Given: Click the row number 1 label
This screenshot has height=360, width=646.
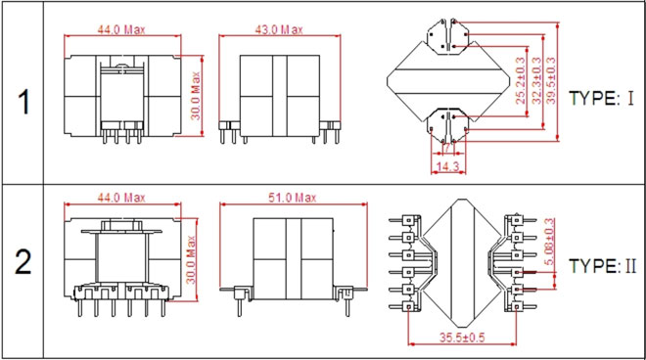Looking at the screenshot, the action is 23,102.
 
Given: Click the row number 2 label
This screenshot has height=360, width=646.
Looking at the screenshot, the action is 23,262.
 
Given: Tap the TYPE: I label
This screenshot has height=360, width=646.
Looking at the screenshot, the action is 601,98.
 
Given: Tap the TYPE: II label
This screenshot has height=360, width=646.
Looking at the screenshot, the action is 602,266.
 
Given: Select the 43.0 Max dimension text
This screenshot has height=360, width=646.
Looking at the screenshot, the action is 279,29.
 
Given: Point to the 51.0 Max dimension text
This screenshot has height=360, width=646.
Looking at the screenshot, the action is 292,198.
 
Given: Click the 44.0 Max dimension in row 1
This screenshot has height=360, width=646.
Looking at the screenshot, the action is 121,29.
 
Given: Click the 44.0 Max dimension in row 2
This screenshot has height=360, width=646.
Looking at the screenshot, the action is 121,198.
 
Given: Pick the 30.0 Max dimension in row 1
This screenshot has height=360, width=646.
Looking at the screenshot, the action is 196,96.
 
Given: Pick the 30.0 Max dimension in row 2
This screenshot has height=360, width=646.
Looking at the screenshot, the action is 190,259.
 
